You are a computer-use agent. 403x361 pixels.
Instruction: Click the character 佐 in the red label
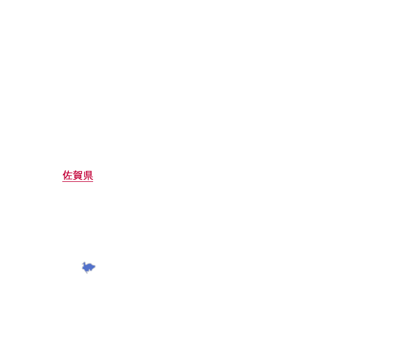click(x=67, y=175)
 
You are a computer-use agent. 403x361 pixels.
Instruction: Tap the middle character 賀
click(x=78, y=175)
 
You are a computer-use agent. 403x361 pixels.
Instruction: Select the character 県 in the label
click(x=88, y=175)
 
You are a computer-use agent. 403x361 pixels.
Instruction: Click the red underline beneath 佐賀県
click(x=78, y=181)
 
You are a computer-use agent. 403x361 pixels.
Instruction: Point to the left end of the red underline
click(x=62, y=181)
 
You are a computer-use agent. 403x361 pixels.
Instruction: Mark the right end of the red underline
click(x=93, y=181)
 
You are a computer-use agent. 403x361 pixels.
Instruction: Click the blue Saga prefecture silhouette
click(x=89, y=267)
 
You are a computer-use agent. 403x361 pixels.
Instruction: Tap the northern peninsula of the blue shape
click(x=84, y=263)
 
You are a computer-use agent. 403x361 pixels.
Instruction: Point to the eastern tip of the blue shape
click(x=95, y=266)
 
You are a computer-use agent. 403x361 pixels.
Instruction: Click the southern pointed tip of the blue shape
click(x=87, y=273)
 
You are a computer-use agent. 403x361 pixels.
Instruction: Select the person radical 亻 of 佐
click(x=64, y=175)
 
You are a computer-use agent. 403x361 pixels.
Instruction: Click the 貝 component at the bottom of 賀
click(x=78, y=178)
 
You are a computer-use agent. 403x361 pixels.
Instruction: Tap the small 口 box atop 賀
click(x=80, y=172)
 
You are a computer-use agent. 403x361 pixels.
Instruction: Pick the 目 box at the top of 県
click(x=89, y=173)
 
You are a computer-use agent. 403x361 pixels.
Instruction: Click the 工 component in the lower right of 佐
click(x=70, y=178)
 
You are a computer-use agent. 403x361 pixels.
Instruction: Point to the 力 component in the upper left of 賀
click(x=75, y=172)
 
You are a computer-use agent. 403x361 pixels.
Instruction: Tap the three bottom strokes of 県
click(x=88, y=179)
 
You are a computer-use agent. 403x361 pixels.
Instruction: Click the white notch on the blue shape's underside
click(x=89, y=271)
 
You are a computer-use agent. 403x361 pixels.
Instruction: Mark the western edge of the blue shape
click(x=82, y=267)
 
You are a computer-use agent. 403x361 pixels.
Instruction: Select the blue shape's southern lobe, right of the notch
click(x=92, y=269)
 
